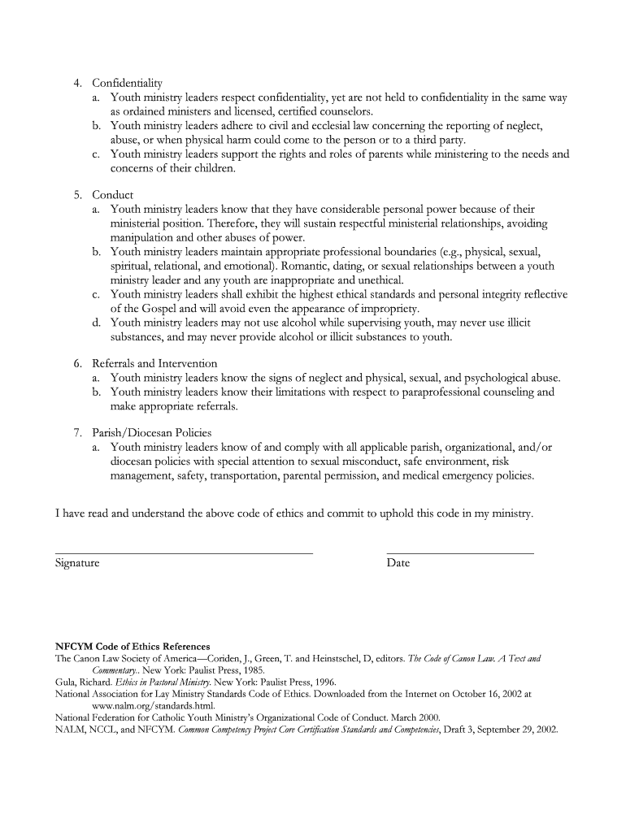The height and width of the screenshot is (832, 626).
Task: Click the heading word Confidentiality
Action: click(x=128, y=83)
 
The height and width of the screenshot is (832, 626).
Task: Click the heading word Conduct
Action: click(x=113, y=195)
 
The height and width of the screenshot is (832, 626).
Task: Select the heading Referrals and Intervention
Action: click(x=154, y=363)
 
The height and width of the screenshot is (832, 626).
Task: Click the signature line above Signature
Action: click(x=184, y=552)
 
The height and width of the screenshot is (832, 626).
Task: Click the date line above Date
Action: click(x=460, y=552)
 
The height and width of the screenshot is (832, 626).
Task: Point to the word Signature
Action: click(x=77, y=562)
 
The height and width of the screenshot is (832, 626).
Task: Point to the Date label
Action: click(x=398, y=562)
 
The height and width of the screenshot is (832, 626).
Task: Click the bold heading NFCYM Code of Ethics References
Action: click(x=133, y=647)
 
